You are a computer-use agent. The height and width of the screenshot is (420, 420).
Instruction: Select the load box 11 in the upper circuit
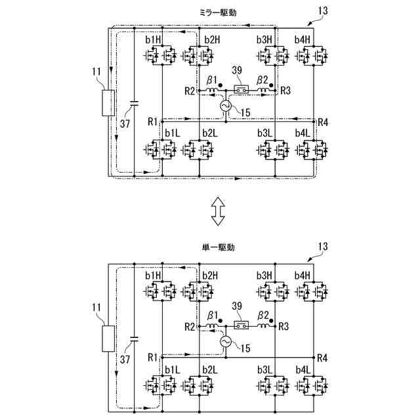[108, 103]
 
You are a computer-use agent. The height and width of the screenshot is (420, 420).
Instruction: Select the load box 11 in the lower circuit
[108, 339]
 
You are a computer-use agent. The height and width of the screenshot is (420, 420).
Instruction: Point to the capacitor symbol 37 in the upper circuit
[134, 103]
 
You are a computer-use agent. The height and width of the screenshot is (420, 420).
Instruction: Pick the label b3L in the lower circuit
[264, 369]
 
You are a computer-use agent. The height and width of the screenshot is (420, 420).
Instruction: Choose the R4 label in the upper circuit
[322, 122]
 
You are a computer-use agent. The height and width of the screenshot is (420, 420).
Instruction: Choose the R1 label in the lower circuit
[152, 358]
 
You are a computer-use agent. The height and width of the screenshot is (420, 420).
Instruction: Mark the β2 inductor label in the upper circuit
[262, 80]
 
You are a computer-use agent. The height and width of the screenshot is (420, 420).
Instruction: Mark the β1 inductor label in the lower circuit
[211, 316]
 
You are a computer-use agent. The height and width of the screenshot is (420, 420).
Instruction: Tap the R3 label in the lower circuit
[284, 326]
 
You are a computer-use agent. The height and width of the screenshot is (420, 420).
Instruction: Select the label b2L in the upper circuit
[209, 133]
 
